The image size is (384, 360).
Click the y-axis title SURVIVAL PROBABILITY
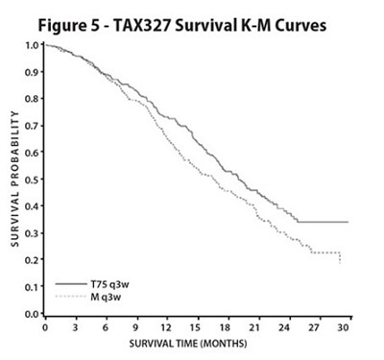tap(16, 179)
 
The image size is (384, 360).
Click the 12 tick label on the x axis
tap(166, 326)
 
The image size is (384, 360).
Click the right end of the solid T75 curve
tap(347, 222)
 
